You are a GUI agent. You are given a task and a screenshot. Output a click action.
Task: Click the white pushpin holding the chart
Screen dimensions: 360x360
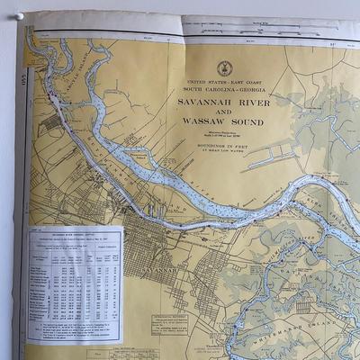pyautogui.click(x=18, y=16)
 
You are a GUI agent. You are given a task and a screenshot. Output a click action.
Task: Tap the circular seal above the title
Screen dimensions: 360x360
pyautogui.click(x=224, y=67)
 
